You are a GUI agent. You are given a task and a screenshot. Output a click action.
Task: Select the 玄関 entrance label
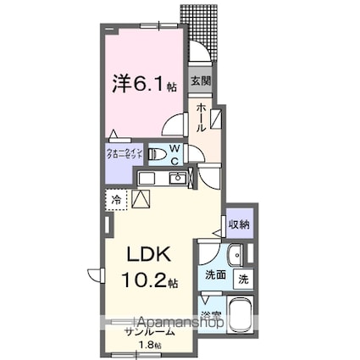200,82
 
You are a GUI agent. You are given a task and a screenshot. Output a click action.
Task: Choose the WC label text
172,154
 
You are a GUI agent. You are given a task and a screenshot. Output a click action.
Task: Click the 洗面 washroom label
214,276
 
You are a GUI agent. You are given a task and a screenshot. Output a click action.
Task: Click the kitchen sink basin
178,179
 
